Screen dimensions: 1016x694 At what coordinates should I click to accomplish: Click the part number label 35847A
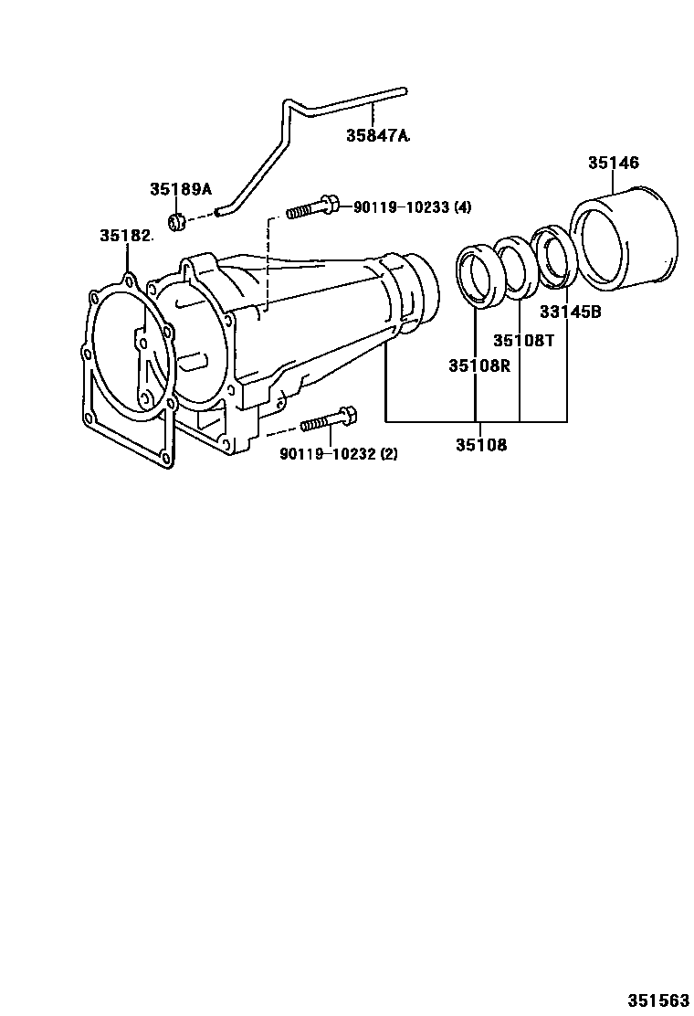(x=377, y=135)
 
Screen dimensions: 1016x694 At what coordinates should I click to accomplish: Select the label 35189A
(x=181, y=189)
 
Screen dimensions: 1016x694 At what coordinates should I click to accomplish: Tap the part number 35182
(x=126, y=236)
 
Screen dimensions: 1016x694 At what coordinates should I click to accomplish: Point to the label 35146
(x=613, y=163)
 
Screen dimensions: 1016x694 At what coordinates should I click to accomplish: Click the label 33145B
(x=570, y=312)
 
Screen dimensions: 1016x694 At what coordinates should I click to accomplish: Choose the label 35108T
(x=524, y=340)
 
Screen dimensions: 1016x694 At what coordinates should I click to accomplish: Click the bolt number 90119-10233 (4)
(x=413, y=207)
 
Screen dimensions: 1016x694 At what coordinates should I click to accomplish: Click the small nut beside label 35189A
(x=179, y=220)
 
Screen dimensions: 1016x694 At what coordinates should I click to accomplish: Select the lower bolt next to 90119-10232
(x=328, y=420)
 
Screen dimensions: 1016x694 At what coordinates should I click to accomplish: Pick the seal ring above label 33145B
(x=552, y=259)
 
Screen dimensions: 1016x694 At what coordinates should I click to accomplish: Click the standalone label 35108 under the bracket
(x=481, y=445)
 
